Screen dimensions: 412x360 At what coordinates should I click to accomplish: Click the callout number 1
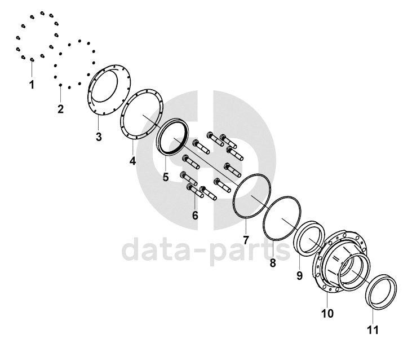[x=32, y=85]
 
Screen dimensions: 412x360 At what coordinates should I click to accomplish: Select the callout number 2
[x=61, y=109]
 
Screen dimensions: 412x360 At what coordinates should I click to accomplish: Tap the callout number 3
[x=99, y=137]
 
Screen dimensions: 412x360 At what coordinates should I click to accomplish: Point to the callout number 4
[x=132, y=161]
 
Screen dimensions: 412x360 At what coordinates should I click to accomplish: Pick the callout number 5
[x=166, y=177]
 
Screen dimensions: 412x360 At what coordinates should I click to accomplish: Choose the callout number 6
[x=195, y=216]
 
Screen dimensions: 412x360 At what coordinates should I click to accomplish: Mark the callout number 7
[x=246, y=240]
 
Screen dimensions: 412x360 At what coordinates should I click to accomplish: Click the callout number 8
[x=273, y=263]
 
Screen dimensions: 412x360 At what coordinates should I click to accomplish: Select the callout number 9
[x=299, y=275]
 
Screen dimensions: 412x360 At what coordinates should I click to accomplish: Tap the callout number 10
[x=327, y=313]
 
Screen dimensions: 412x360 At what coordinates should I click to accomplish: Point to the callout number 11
[x=373, y=330]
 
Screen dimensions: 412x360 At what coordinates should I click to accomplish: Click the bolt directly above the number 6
[x=195, y=191]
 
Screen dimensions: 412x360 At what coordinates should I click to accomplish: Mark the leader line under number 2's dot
[x=61, y=94]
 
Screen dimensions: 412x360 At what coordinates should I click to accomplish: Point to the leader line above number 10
[x=327, y=299]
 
